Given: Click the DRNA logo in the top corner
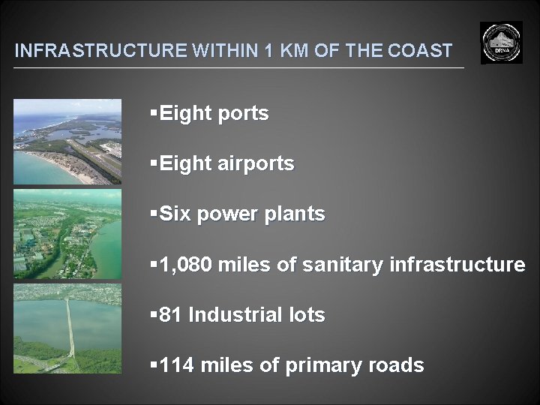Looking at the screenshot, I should (x=502, y=43).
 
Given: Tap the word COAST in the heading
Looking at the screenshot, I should (x=421, y=51).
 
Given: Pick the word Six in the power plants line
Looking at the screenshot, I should (x=175, y=214).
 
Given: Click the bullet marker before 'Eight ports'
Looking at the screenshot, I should (x=153, y=113).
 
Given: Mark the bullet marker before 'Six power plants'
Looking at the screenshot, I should (x=153, y=214).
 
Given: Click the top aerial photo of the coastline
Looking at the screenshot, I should (x=67, y=141).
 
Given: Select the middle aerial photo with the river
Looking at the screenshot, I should (x=67, y=234).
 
